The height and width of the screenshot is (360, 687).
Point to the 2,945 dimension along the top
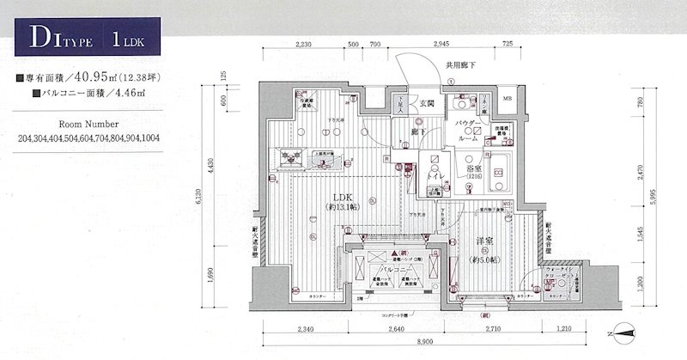tap(441, 42)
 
